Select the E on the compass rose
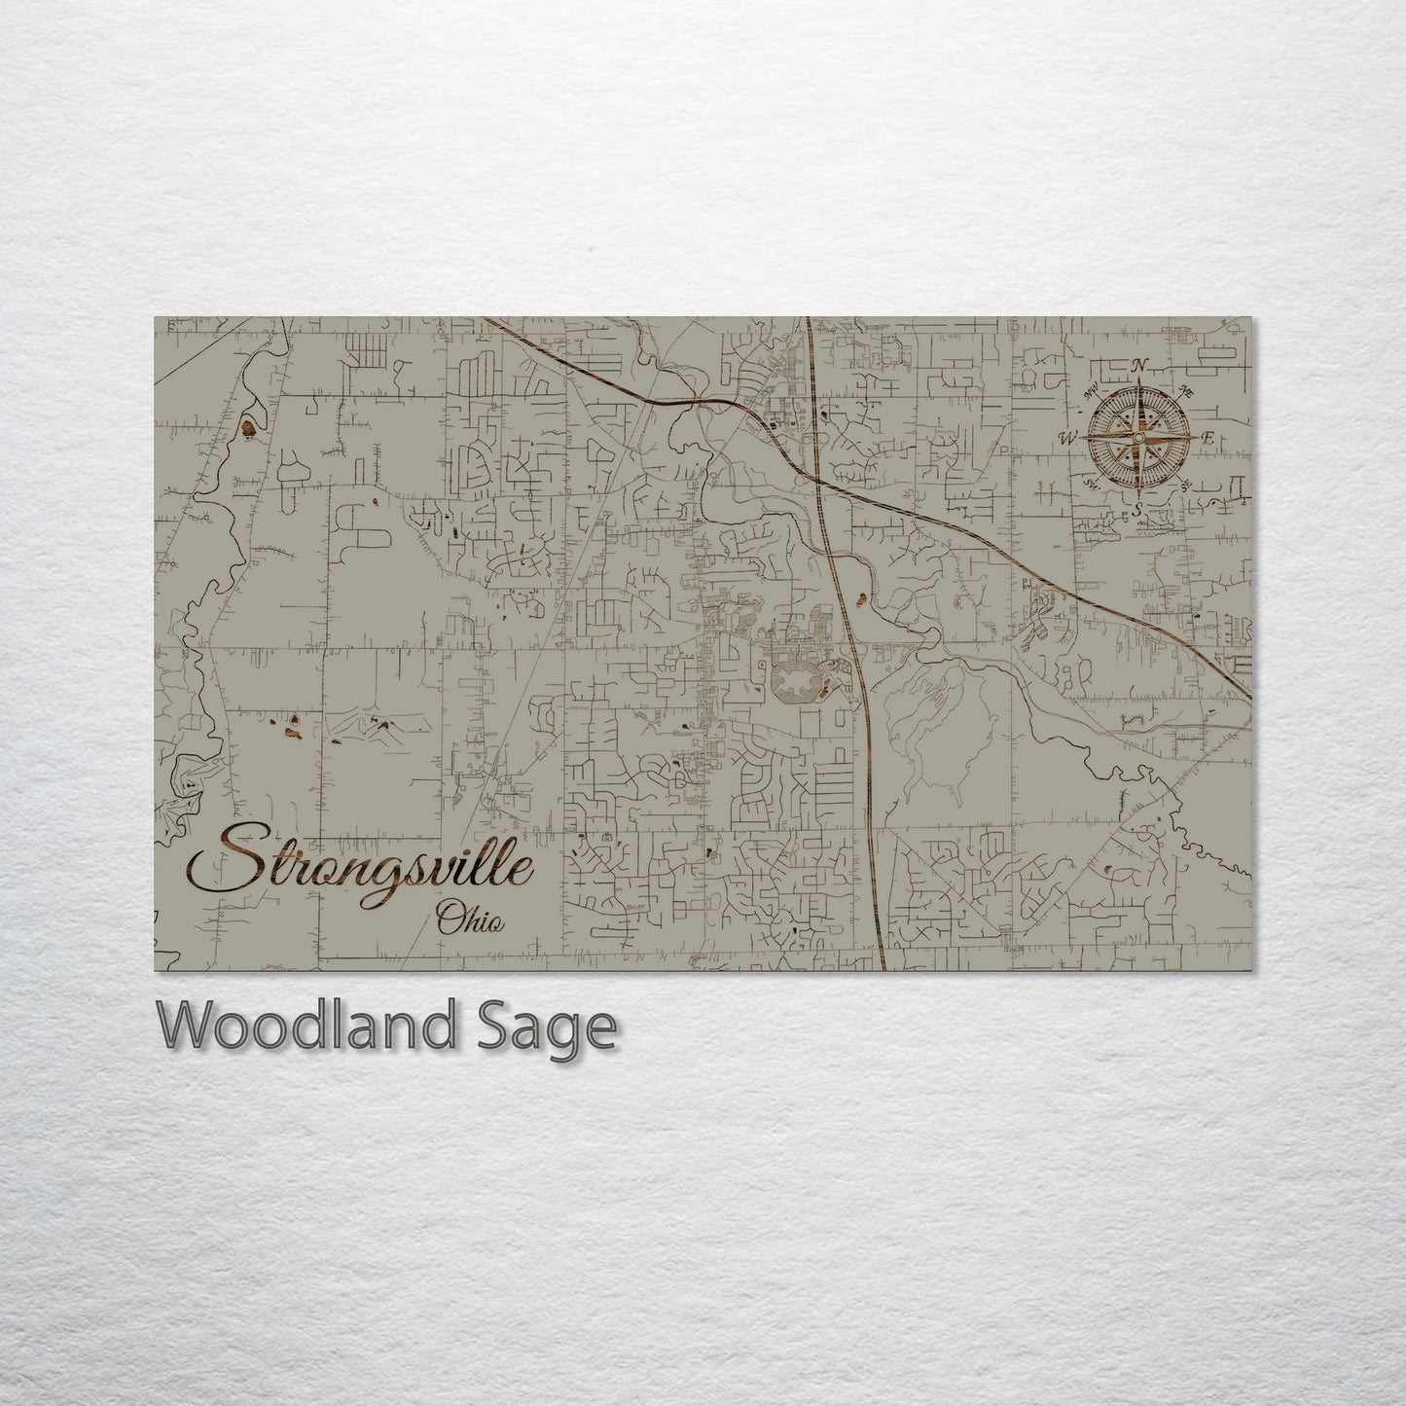tap(1208, 440)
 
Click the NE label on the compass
tap(1186, 391)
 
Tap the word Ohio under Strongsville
tap(471, 919)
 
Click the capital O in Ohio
tap(449, 917)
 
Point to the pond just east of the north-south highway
tap(859, 596)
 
